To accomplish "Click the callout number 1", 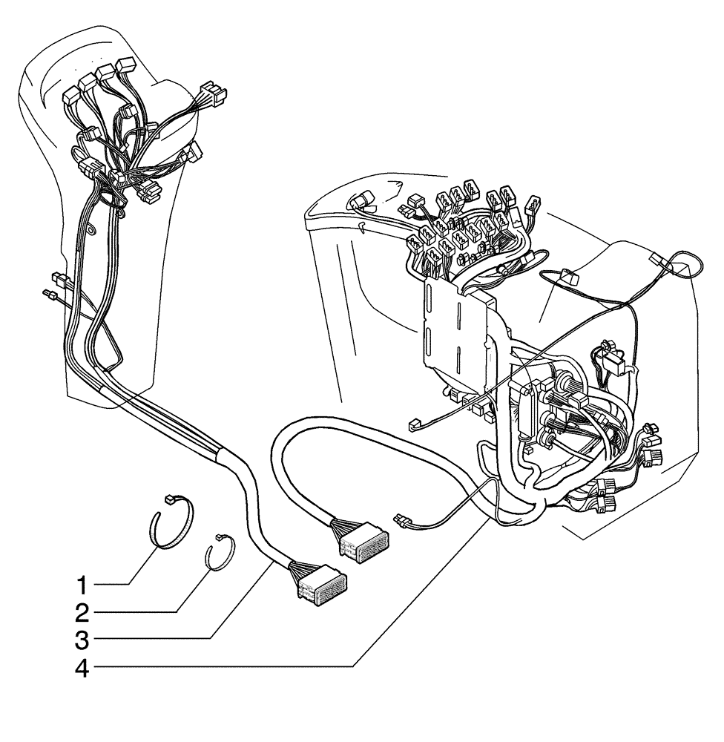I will pyautogui.click(x=83, y=585).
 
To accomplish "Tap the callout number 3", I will pyautogui.click(x=83, y=638).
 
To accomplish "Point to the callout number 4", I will pyautogui.click(x=83, y=667).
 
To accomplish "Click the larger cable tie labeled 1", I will pyautogui.click(x=172, y=522).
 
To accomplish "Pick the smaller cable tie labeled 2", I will pyautogui.click(x=220, y=552).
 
